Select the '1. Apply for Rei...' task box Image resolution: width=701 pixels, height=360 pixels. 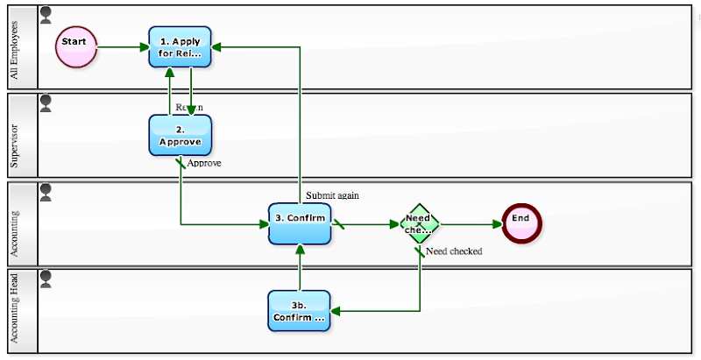point(181,47)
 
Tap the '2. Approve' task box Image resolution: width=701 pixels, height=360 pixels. point(181,136)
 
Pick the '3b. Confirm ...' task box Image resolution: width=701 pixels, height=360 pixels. point(299,311)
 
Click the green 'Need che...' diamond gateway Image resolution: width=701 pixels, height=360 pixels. point(420,223)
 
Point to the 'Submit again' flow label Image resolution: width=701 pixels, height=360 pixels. point(332,195)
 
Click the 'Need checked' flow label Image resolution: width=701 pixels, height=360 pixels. point(454,251)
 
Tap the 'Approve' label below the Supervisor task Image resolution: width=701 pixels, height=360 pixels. point(204,163)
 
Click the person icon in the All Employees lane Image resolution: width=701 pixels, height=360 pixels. point(46,14)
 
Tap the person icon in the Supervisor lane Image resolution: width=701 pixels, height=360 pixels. point(46,102)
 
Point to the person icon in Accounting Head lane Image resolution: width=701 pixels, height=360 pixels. point(46,279)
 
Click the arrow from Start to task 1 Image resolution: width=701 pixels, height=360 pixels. point(122,47)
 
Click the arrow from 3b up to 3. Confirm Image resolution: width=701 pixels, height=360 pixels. point(300,267)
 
